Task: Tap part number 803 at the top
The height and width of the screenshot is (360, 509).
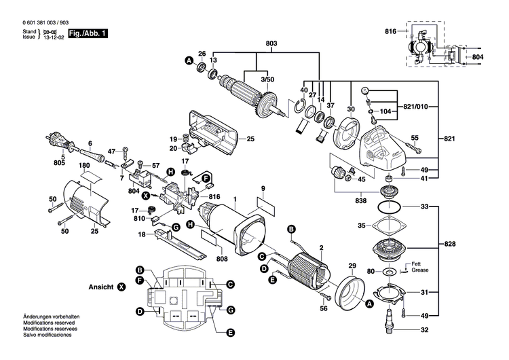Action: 271,43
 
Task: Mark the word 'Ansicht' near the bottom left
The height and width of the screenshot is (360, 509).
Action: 101,287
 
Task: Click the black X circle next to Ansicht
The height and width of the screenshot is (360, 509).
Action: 122,287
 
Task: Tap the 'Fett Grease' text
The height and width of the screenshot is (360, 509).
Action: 417,267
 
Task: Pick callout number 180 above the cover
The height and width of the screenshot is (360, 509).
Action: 84,166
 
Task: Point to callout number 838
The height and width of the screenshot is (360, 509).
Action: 360,201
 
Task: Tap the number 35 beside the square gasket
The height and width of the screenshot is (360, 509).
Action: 362,226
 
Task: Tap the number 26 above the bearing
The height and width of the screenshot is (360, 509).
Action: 202,54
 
